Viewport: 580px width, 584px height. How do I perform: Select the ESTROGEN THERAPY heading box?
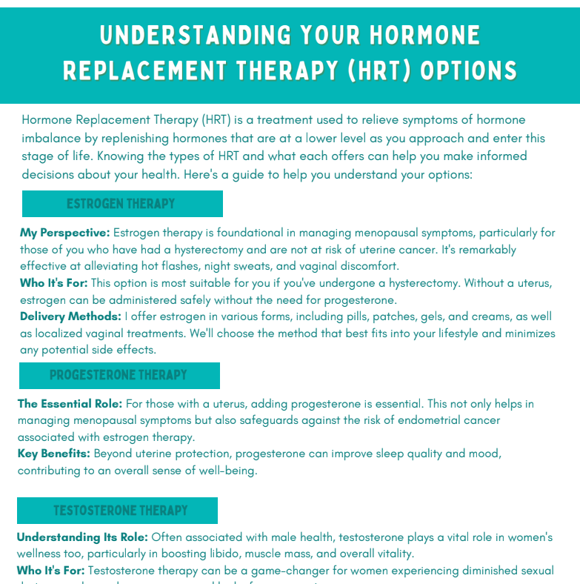coord(122,204)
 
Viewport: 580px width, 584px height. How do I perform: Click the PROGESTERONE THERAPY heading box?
coord(119,376)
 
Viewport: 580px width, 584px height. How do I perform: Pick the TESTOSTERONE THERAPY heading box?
coord(117,511)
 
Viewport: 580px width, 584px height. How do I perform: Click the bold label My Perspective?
coord(65,233)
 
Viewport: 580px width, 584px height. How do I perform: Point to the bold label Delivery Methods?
coord(70,316)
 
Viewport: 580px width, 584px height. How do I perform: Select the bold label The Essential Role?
coord(70,404)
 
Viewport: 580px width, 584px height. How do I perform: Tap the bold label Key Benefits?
coord(54,453)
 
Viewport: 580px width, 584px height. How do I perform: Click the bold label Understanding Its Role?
coord(82,537)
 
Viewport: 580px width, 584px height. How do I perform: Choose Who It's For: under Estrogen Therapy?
coord(54,283)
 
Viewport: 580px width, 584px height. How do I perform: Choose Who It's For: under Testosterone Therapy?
coord(51,571)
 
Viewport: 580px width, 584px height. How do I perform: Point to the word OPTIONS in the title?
coord(469,71)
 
